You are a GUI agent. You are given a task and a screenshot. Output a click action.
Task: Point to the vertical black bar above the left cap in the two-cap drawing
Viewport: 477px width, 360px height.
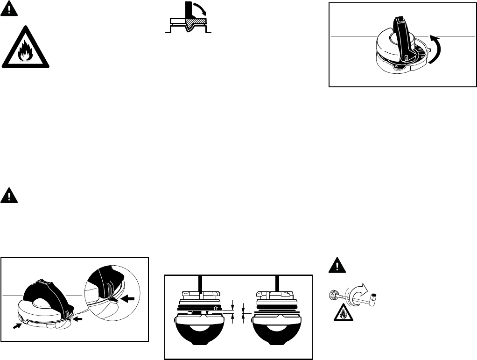(200, 284)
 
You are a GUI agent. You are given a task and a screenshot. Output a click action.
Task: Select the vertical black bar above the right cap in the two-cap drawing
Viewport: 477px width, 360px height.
(277, 284)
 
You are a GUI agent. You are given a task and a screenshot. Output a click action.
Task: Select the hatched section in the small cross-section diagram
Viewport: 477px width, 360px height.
(196, 22)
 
